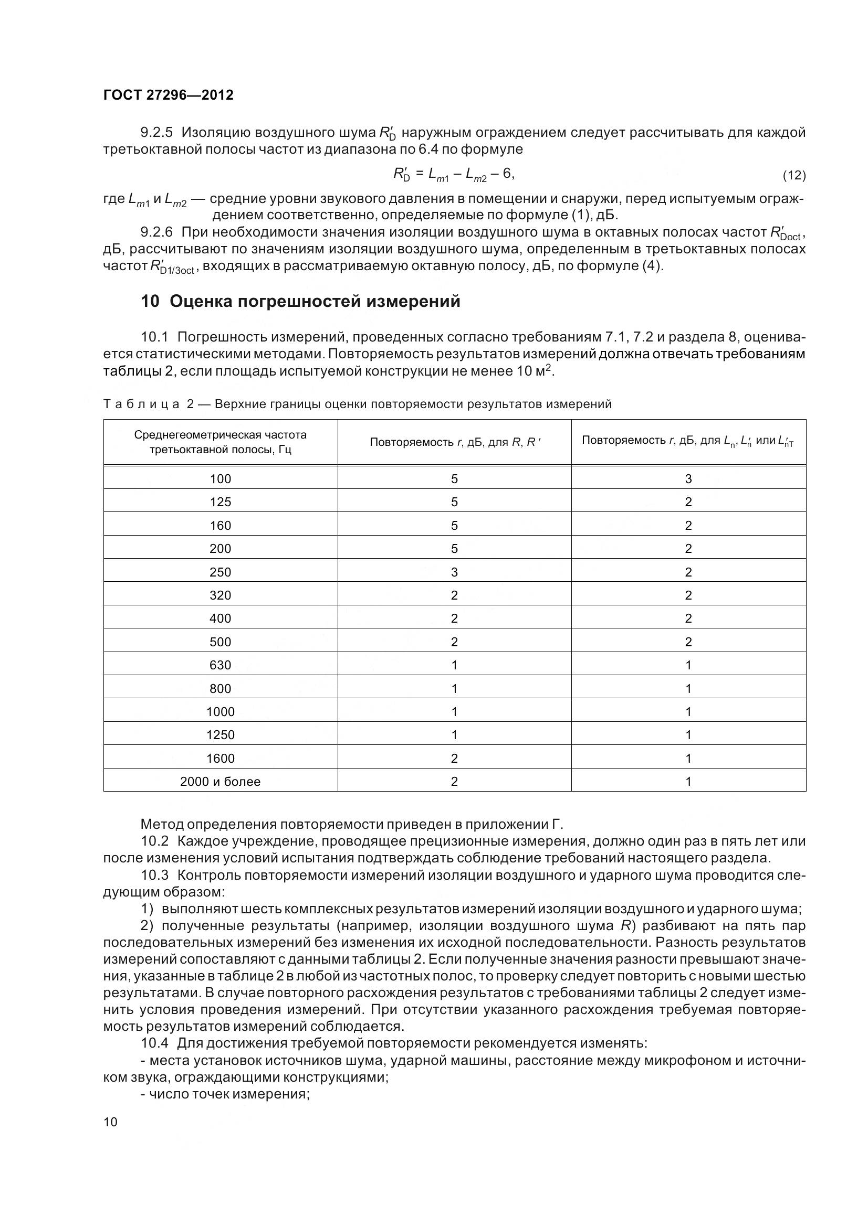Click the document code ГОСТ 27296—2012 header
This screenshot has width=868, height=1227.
coord(169,95)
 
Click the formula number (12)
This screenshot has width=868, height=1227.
coord(794,175)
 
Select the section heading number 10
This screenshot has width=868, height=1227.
coord(150,302)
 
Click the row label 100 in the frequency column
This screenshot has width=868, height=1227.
coord(221,479)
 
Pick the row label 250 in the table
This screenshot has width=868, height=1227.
coord(221,572)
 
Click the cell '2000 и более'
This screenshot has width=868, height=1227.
coord(221,781)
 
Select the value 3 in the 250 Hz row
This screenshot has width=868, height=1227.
coord(454,572)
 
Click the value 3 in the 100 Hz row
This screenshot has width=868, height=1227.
coord(688,479)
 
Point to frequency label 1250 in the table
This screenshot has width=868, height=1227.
coord(221,735)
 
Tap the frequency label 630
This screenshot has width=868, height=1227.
coord(221,665)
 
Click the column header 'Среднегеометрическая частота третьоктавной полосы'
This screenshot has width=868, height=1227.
coord(221,442)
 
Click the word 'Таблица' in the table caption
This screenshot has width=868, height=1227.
coord(141,404)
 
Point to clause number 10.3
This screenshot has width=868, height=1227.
coord(154,875)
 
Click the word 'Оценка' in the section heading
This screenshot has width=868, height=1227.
coord(201,302)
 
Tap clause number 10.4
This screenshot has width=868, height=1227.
coord(154,1043)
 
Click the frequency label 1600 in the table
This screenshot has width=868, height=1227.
coord(221,759)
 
